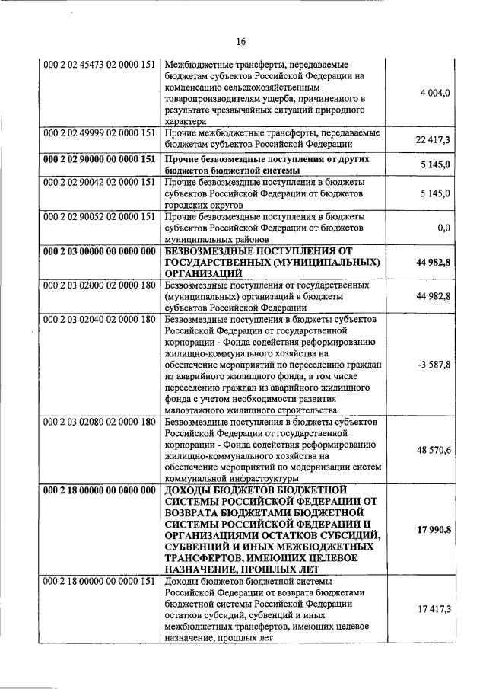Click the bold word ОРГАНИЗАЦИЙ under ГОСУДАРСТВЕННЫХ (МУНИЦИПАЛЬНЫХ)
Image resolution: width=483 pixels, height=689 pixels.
pyautogui.click(x=204, y=273)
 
